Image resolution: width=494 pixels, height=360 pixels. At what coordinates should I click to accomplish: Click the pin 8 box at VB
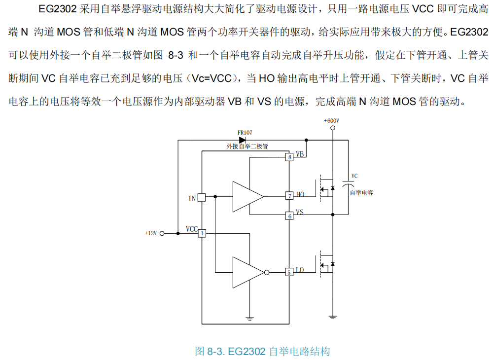click(x=290, y=157)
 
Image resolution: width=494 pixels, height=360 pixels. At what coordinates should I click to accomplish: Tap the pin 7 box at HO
click(x=290, y=196)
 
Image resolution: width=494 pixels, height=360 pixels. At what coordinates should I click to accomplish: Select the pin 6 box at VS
click(x=290, y=216)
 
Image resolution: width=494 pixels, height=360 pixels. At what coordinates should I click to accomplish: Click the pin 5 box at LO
click(x=290, y=272)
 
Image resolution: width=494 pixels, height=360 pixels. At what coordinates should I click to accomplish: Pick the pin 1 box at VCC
click(x=202, y=233)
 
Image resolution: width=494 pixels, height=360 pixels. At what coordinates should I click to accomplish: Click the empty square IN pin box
click(x=202, y=197)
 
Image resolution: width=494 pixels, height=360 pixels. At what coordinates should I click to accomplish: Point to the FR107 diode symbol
click(x=242, y=140)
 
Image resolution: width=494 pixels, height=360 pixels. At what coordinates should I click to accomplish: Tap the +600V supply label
click(x=331, y=120)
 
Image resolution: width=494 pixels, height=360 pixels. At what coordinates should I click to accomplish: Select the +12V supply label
click(x=151, y=233)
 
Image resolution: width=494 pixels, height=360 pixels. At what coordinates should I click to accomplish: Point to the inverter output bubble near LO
click(x=267, y=272)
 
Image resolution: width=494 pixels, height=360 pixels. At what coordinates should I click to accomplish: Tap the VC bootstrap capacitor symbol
click(x=348, y=183)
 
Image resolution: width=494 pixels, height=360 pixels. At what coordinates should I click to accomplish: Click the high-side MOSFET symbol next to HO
click(x=326, y=186)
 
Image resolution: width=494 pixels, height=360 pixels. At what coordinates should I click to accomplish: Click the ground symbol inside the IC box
click(x=250, y=318)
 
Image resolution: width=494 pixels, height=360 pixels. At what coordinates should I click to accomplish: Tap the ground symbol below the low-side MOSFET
click(x=333, y=317)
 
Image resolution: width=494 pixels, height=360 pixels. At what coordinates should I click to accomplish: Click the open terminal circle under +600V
click(x=333, y=128)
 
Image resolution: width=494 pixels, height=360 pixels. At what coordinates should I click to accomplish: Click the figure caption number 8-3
click(x=215, y=352)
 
